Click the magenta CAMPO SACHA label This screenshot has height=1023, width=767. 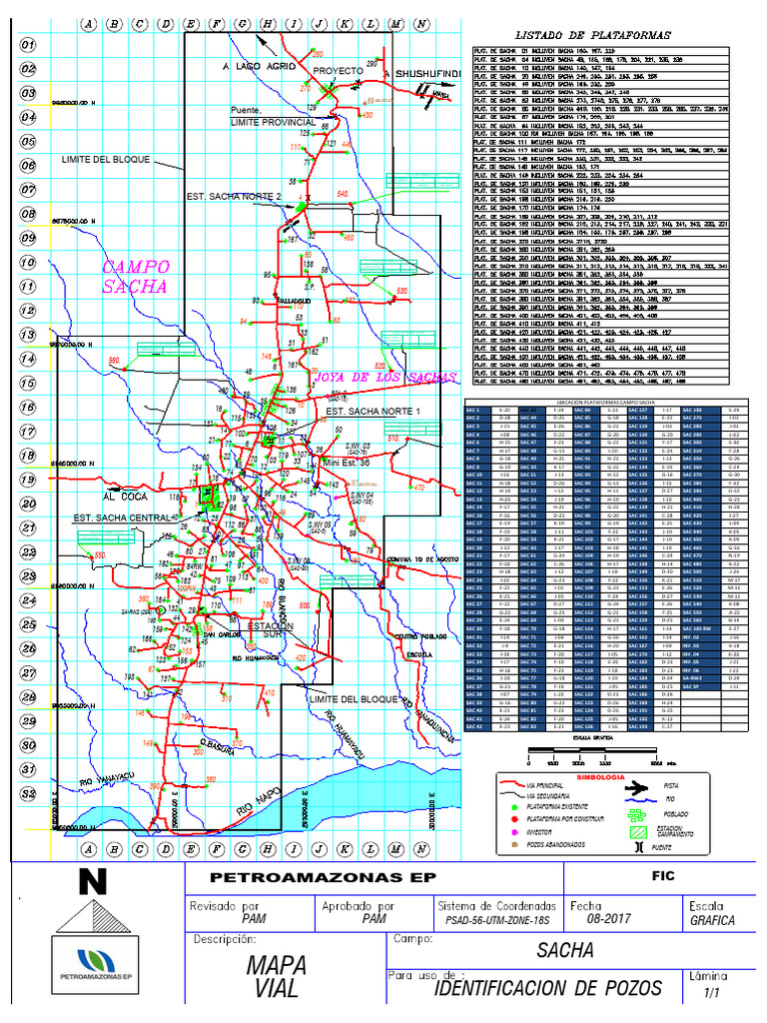point(137,277)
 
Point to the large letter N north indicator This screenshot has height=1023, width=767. point(93,882)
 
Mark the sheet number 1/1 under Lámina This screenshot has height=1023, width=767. point(711,993)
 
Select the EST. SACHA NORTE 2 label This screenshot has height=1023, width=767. point(234,198)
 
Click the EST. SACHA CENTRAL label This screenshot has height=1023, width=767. point(120,517)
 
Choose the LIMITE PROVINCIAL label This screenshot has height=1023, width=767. point(273,122)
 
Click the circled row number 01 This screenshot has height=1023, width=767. point(28,46)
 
